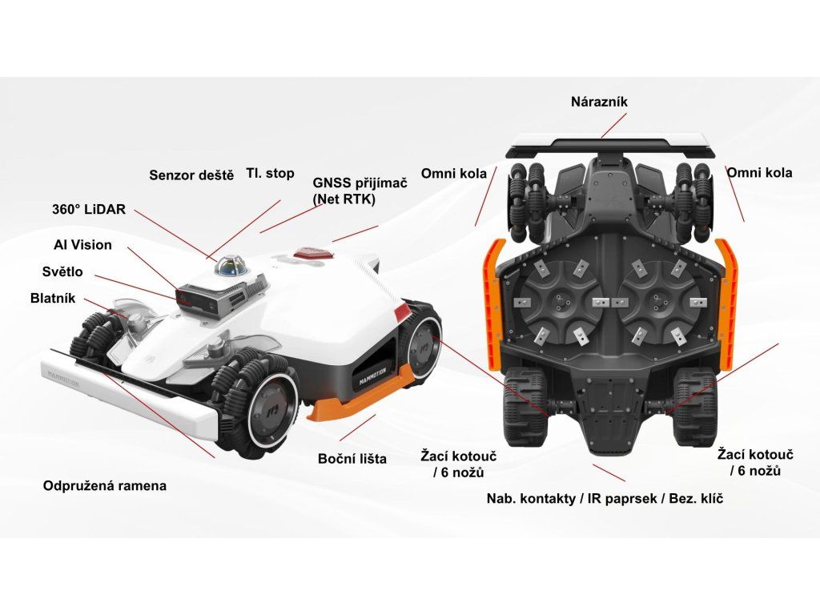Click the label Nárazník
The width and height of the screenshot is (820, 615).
pyautogui.click(x=599, y=102)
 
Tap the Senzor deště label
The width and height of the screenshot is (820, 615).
pyautogui.click(x=191, y=175)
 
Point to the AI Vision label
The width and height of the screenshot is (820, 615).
pyautogui.click(x=78, y=245)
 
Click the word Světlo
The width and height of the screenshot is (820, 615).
pyautogui.click(x=62, y=271)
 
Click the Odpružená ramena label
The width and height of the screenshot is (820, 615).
pyautogui.click(x=105, y=486)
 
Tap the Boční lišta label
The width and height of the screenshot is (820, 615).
pyautogui.click(x=352, y=459)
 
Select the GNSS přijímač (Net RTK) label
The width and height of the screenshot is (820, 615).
pyautogui.click(x=360, y=190)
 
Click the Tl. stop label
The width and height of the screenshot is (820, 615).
pyautogui.click(x=270, y=173)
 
